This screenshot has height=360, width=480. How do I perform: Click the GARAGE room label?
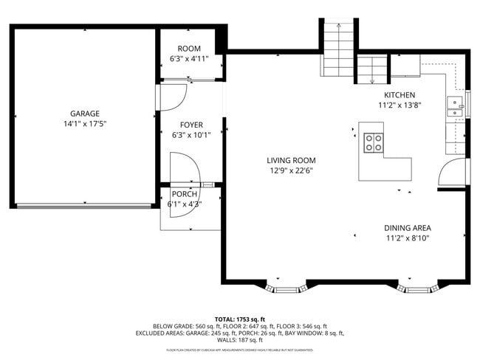click(x=85, y=114)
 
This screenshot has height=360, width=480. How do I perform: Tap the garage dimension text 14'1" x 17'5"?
click(x=85, y=124)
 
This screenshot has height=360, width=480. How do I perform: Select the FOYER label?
click(x=191, y=125)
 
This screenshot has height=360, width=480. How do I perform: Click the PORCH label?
click(x=184, y=194)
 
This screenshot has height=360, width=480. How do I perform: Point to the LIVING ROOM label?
click(x=292, y=160)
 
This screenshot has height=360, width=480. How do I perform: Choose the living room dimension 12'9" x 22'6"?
click(x=292, y=170)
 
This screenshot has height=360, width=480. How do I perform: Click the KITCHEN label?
click(x=400, y=95)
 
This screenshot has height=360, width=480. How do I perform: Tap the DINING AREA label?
click(x=408, y=228)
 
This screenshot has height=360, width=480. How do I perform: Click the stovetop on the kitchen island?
click(x=374, y=142)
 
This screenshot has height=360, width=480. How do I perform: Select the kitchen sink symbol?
click(x=455, y=107)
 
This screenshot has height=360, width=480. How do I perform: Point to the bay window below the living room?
click(x=286, y=285)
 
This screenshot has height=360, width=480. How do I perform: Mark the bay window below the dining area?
click(x=418, y=285)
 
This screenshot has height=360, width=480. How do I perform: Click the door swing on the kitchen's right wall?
click(x=453, y=173)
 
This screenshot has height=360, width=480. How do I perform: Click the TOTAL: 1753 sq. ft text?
click(x=240, y=318)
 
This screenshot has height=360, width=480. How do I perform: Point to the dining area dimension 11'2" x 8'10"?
click(x=408, y=238)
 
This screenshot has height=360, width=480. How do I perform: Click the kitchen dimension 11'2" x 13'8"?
click(x=400, y=105)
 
